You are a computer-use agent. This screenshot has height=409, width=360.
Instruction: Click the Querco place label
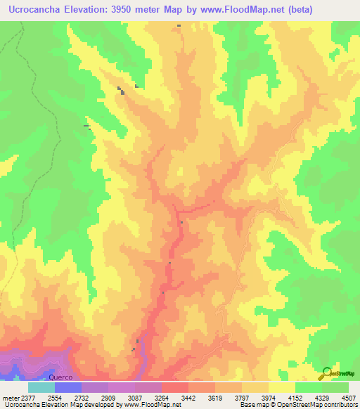tap(60, 377)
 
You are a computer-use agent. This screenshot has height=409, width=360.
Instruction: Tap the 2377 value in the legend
tap(28, 397)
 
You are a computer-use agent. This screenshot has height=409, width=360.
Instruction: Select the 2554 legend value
tap(55, 397)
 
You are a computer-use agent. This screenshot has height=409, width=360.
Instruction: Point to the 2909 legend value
tap(108, 397)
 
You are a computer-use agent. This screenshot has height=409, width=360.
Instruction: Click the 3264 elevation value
tap(162, 397)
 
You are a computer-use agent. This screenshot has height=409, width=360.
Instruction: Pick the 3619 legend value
tap(215, 397)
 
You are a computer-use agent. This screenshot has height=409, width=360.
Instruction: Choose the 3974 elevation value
tap(269, 397)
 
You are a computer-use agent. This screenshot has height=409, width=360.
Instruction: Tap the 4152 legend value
tap(295, 397)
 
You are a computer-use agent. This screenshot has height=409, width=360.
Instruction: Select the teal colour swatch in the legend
tap(41, 387)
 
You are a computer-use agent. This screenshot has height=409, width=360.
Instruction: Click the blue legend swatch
tap(68, 387)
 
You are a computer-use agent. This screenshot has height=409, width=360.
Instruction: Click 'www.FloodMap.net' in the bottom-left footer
tap(147, 405)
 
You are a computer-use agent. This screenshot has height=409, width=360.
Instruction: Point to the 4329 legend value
tap(322, 397)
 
